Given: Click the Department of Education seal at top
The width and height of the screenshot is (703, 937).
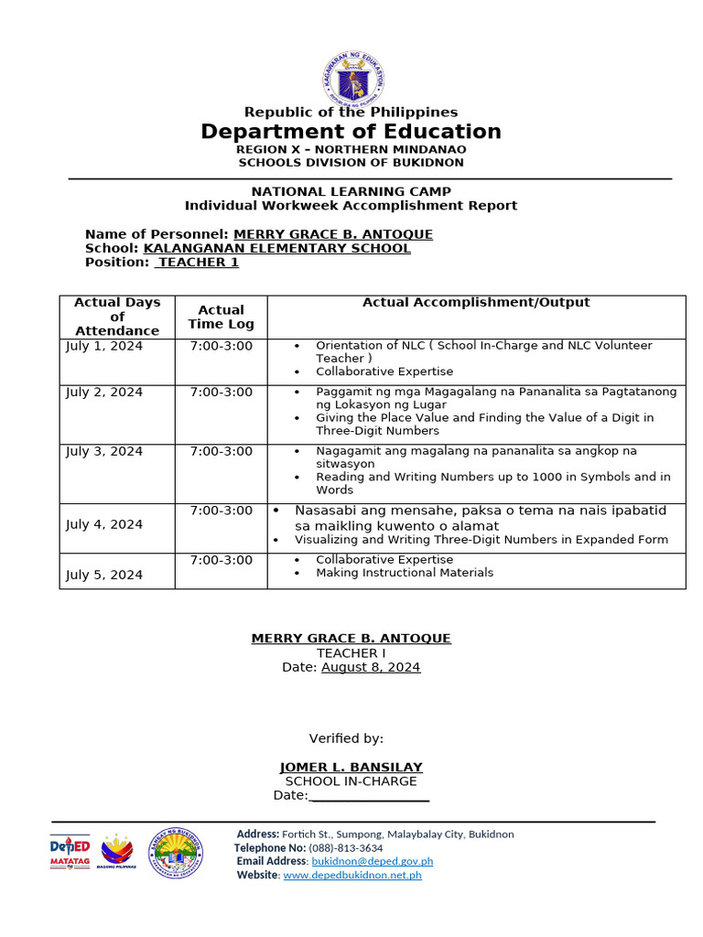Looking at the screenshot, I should pyautogui.click(x=352, y=78).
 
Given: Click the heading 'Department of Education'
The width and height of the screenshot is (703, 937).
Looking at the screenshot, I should pyautogui.click(x=351, y=132).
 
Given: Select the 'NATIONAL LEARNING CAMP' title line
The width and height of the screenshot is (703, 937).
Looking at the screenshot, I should pyautogui.click(x=351, y=191).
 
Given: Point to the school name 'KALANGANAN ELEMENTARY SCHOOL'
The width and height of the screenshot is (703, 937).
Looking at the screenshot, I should pyautogui.click(x=277, y=248).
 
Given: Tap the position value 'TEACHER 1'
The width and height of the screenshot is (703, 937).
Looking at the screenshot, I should pyautogui.click(x=197, y=263).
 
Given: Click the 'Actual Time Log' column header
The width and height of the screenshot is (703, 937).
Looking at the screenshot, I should pyautogui.click(x=221, y=317).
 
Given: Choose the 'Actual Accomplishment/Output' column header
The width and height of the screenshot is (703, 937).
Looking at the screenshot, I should pyautogui.click(x=476, y=303).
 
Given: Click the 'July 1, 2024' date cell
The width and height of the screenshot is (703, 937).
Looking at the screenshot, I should pyautogui.click(x=104, y=346).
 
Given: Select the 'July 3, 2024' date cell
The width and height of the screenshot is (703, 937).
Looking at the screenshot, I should pyautogui.click(x=104, y=451).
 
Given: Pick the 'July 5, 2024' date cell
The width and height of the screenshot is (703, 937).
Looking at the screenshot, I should pyautogui.click(x=104, y=575).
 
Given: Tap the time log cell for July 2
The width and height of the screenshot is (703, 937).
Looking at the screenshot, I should pyautogui.click(x=221, y=392).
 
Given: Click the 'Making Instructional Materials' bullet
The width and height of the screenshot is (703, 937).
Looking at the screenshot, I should pyautogui.click(x=404, y=573).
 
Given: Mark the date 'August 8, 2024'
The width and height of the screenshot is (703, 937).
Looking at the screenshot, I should pyautogui.click(x=371, y=667).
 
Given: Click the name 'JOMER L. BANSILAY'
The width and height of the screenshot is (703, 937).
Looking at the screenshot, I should pyautogui.click(x=351, y=767).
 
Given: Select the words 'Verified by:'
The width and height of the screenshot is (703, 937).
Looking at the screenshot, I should pyautogui.click(x=346, y=738).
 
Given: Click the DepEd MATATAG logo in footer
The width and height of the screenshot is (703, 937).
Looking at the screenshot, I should pyautogui.click(x=70, y=853).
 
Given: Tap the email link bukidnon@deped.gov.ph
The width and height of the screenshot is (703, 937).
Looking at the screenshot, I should pyautogui.click(x=372, y=861).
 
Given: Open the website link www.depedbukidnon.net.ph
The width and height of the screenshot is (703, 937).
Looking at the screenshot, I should pyautogui.click(x=352, y=875).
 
